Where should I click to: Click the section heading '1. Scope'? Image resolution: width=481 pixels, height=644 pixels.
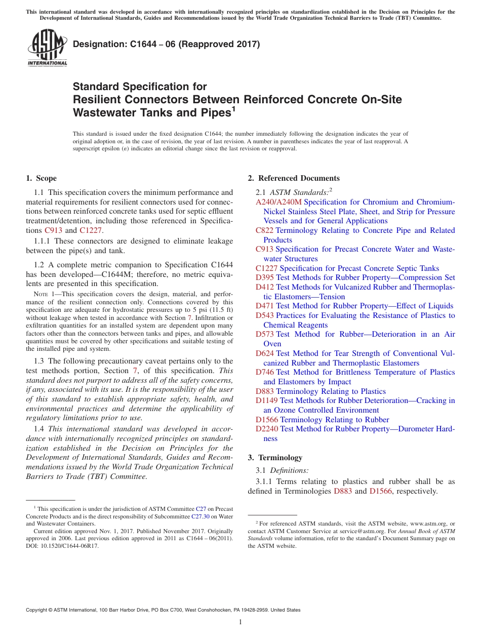[41, 178]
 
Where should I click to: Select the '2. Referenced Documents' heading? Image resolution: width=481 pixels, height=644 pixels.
[294, 178]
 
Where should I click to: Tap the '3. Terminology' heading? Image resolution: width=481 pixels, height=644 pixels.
[275, 458]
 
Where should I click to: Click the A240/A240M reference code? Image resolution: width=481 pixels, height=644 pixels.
[278, 202]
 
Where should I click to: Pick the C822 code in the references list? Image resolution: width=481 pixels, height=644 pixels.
[264, 230]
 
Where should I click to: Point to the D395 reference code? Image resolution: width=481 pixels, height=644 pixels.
[265, 277]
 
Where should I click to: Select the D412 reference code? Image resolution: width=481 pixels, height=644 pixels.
[265, 287]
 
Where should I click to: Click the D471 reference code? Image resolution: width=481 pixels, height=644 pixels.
[265, 306]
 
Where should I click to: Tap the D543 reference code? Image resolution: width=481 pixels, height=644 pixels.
[265, 315]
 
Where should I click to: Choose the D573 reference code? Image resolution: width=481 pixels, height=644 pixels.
[265, 334]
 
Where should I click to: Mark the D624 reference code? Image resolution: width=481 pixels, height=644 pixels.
[265, 353]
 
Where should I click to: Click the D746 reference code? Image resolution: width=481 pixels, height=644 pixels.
[265, 372]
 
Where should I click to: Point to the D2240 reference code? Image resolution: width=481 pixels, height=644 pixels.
[267, 429]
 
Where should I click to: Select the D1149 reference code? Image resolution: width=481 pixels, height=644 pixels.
[267, 400]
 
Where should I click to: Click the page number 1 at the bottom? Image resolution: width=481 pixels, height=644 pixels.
[240, 622]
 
